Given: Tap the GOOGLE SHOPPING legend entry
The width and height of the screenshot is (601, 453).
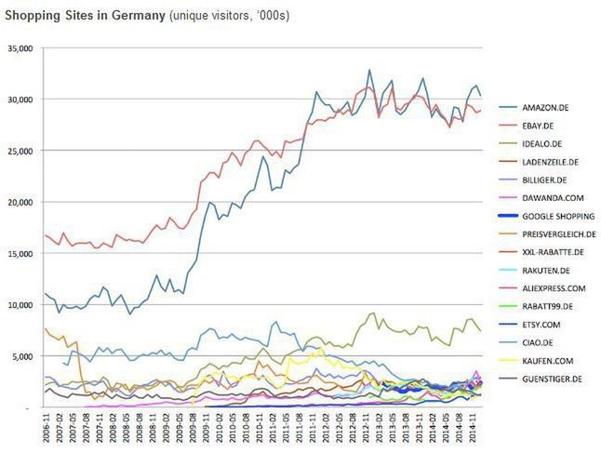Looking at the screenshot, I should (x=557, y=216).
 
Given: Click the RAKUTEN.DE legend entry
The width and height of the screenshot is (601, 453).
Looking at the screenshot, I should (x=547, y=270).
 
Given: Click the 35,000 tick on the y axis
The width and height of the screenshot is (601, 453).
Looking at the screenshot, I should (x=20, y=48).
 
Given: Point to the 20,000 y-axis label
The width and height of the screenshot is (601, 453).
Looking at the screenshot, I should (x=20, y=202).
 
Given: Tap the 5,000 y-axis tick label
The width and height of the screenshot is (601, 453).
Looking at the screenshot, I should (x=23, y=355).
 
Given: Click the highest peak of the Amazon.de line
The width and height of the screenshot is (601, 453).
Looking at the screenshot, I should (x=369, y=70).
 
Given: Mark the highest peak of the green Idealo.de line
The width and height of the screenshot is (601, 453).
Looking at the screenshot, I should (x=374, y=313).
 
